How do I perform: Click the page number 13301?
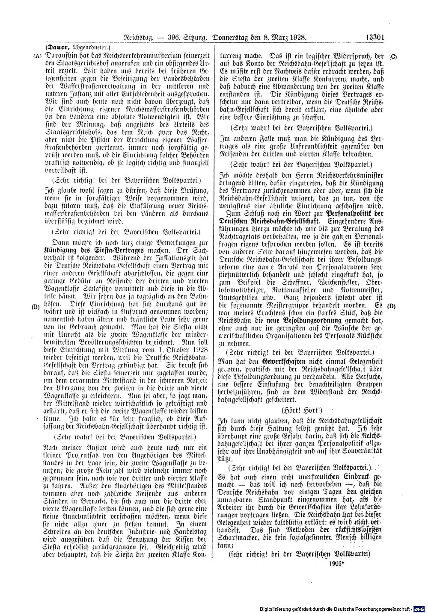pos(376,38)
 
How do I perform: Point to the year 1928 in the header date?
pos(298,38)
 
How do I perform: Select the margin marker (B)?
pos(36,306)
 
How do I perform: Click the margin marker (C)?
pos(393,56)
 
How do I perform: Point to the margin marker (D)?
pos(391,306)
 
